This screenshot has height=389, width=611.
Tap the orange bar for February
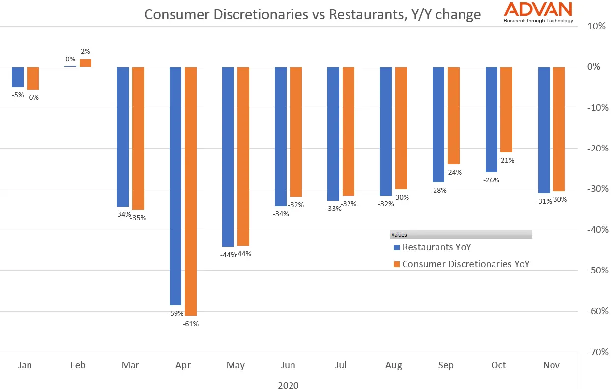[x=85, y=63]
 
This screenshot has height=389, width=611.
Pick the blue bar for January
[x=18, y=77]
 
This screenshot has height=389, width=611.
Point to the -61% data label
[x=191, y=324]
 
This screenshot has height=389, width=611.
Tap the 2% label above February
[x=85, y=52]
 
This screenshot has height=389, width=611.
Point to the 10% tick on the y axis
[x=597, y=26]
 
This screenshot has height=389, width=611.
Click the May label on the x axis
[x=235, y=365]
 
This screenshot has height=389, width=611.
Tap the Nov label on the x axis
[x=552, y=365]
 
